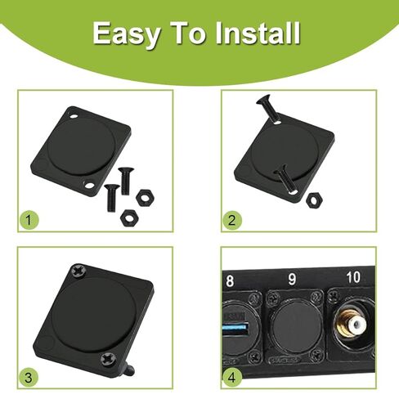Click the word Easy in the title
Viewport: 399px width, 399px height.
coord(126,34)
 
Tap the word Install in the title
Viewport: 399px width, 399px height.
coord(258,34)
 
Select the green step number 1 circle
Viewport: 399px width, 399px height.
coord(29,220)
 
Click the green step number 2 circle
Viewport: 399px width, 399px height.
coord(232,220)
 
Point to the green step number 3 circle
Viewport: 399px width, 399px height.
coord(29,378)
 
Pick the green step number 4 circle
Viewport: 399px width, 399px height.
coord(232,378)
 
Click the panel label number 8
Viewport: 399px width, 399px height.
coord(230,280)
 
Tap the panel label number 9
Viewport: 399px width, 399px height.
coord(292,279)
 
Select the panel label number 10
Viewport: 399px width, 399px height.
coord(353,277)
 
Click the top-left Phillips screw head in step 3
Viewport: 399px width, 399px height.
coord(78,271)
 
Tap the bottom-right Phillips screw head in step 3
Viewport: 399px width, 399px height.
coord(108,359)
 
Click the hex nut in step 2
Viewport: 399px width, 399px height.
coord(314,199)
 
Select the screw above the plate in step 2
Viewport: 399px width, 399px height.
coord(268,109)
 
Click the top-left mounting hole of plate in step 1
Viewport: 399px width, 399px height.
coord(74,117)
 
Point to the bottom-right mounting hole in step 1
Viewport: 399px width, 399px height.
coord(89,184)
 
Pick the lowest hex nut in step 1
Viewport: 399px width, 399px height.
coord(129,217)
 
